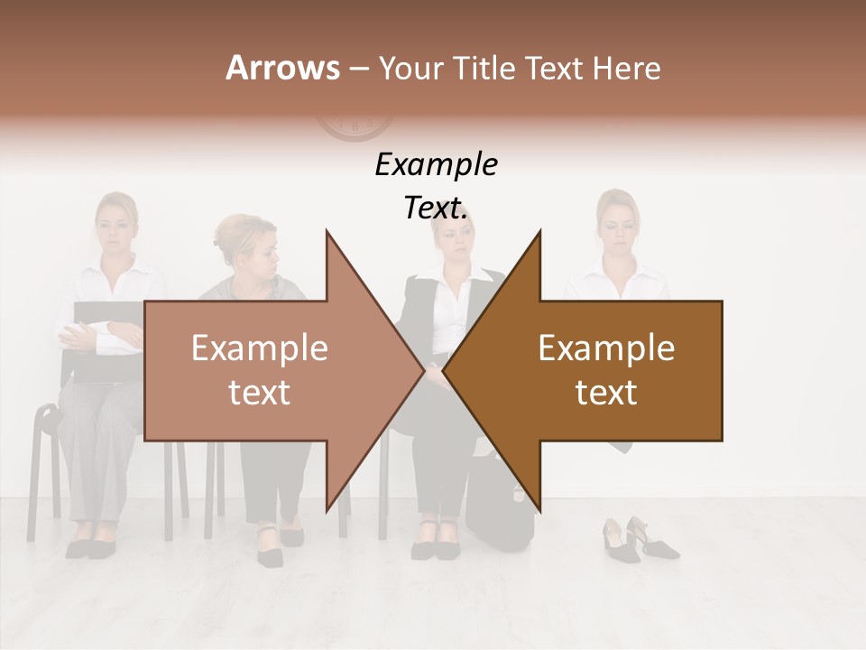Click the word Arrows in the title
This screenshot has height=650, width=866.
pyautogui.click(x=282, y=68)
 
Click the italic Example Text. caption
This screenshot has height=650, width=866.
pyautogui.click(x=436, y=186)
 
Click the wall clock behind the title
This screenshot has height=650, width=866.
pyautogui.click(x=353, y=127)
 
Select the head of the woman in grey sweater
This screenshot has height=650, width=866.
pyautogui.click(x=246, y=244)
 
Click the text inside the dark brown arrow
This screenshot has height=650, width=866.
pyautogui.click(x=606, y=371)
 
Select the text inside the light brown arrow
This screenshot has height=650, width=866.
pyautogui.click(x=259, y=371)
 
